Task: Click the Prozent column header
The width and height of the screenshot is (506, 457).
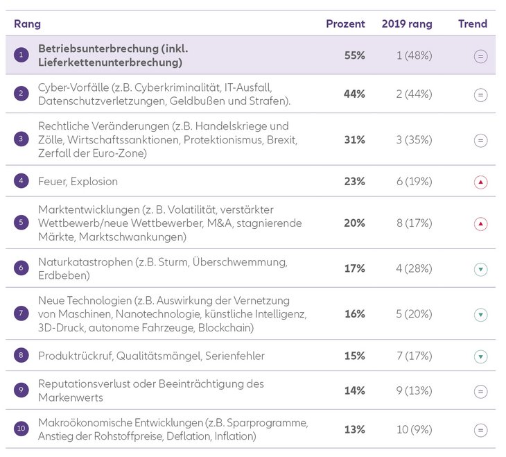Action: tap(345, 24)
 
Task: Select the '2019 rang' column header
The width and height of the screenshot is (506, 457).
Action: tap(407, 24)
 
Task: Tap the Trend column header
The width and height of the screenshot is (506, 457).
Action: tap(473, 24)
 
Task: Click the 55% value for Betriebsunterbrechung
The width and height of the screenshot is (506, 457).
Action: tap(354, 55)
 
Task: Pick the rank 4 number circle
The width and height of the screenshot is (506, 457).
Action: tap(21, 182)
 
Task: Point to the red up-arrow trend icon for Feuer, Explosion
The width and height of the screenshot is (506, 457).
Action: tap(481, 182)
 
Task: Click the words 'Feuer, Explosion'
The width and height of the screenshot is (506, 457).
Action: tap(78, 182)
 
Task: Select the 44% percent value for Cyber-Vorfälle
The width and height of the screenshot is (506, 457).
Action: tap(354, 94)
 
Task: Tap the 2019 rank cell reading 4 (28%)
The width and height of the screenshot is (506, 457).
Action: tap(414, 268)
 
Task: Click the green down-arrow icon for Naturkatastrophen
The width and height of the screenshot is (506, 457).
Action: tap(481, 269)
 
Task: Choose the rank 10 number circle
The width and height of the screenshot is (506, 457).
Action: tap(21, 429)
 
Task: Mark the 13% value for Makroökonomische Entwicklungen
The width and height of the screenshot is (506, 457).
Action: tap(354, 429)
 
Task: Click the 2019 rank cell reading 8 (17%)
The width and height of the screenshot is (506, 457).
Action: tap(414, 223)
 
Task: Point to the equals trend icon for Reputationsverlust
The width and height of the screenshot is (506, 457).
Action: tap(481, 391)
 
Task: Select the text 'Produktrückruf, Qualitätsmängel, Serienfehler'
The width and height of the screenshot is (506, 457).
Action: tap(151, 356)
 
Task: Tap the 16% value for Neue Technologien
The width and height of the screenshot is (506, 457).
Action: tap(354, 313)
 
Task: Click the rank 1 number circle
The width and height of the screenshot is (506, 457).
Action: tap(21, 55)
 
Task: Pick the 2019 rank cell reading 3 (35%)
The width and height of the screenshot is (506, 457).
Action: tap(414, 140)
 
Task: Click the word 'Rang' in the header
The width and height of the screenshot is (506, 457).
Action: tap(27, 24)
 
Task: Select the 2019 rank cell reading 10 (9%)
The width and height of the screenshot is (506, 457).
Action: tap(414, 429)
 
